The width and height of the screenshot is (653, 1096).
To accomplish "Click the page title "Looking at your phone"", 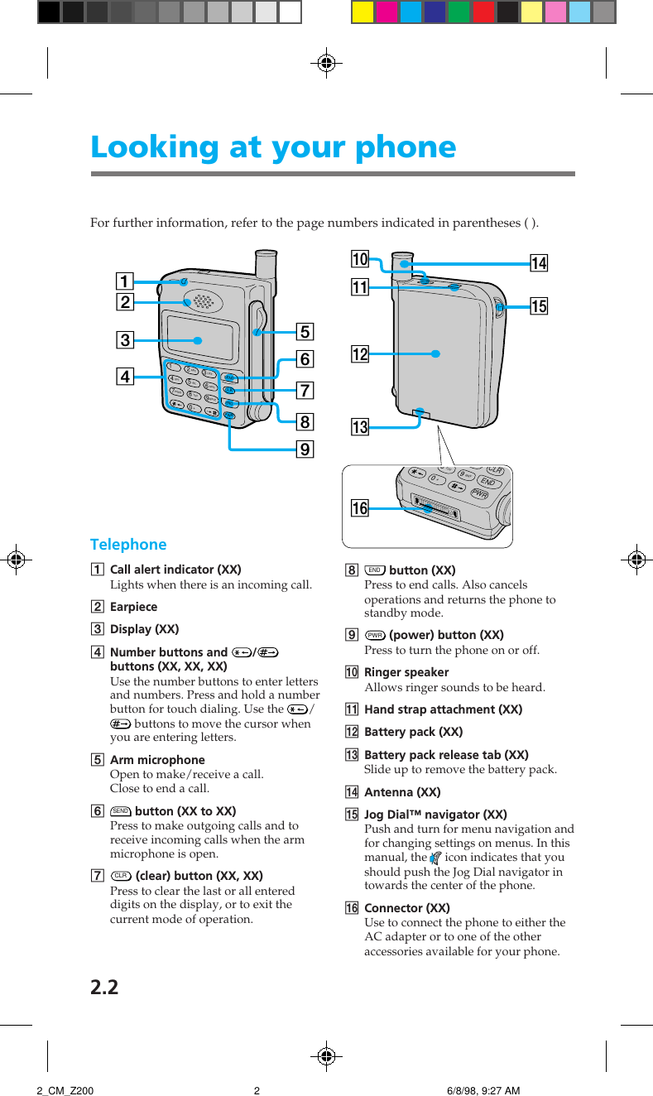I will tap(273, 147).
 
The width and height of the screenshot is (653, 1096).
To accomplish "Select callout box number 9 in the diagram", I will tap(305, 449).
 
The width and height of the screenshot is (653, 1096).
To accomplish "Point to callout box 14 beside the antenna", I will tap(539, 264).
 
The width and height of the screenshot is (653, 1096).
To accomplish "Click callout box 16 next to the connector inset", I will tap(359, 508).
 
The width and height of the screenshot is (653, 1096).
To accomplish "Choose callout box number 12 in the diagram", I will tap(359, 354).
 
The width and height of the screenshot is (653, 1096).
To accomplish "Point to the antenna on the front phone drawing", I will tap(265, 265).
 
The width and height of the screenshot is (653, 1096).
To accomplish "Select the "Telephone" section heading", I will tap(128, 545).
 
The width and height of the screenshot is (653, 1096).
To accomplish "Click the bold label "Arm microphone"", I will tap(157, 760).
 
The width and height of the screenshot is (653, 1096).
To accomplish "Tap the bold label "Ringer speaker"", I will tap(406, 672).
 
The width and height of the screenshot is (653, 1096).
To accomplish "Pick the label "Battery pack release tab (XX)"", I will tap(446, 755).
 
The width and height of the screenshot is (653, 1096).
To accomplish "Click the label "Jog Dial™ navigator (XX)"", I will tap(435, 815).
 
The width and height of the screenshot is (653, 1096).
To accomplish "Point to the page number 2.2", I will tap(104, 987).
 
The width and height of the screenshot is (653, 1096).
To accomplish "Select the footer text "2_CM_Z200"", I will tap(65, 1091).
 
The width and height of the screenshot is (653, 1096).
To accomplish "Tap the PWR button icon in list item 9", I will tap(375, 635).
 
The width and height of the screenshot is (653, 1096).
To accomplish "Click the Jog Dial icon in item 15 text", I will tap(436, 858).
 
